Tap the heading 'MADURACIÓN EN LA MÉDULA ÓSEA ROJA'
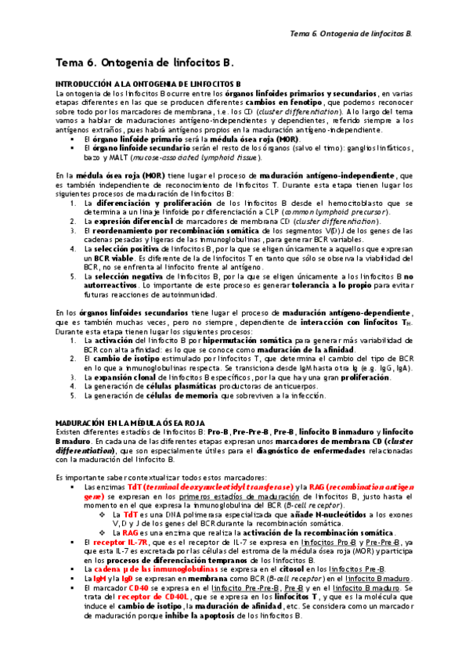[x=128, y=422]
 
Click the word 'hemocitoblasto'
[x=337, y=203]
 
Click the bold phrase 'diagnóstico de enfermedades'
[x=297, y=450]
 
